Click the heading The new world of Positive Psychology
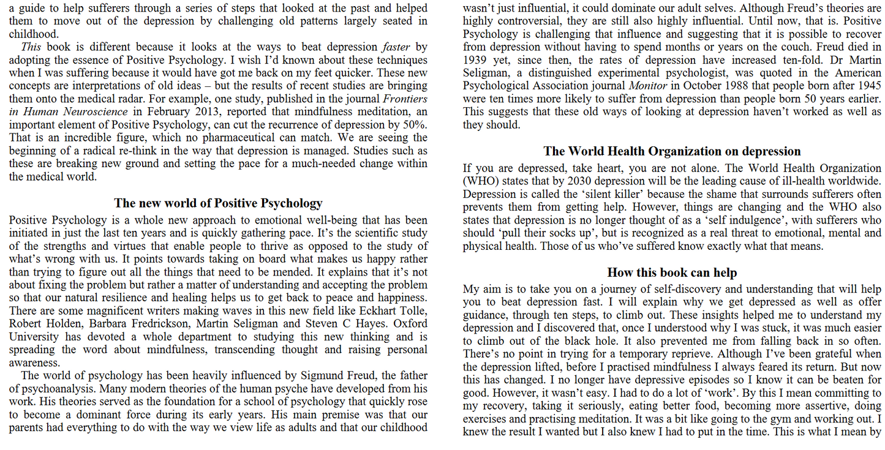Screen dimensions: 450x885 tap(218, 203)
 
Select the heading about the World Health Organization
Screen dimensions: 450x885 tap(672, 151)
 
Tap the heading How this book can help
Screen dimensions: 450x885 tap(672, 272)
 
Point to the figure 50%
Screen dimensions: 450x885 tap(415, 125)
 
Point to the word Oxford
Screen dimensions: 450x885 tap(410, 324)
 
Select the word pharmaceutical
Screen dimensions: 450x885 tap(247, 138)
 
